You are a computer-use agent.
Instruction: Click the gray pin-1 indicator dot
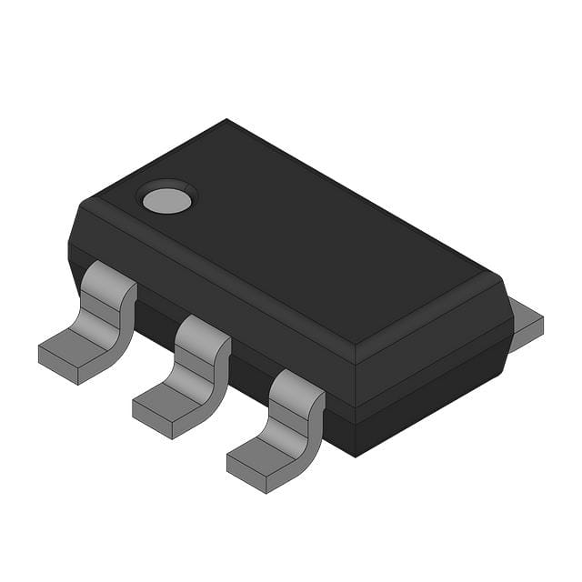tap(166, 199)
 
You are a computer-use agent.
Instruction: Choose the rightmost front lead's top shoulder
tap(296, 384)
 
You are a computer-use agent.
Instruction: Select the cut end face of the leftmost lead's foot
tap(58, 366)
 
